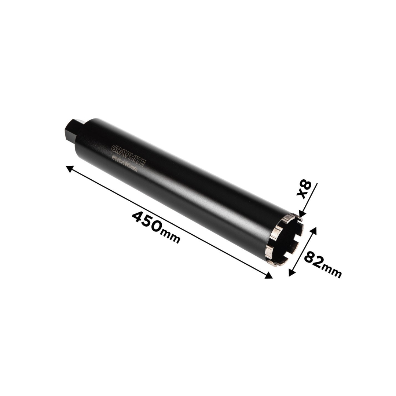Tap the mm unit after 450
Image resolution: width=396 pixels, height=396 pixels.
pyautogui.click(x=172, y=238)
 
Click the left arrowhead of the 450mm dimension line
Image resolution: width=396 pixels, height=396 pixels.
pyautogui.click(x=69, y=168)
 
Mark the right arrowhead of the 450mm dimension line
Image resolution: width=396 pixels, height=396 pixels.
pyautogui.click(x=269, y=276)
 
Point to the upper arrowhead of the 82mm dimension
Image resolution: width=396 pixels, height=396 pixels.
pyautogui.click(x=313, y=230)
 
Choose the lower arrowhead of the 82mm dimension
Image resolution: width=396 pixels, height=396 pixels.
pyautogui.click(x=291, y=272)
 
